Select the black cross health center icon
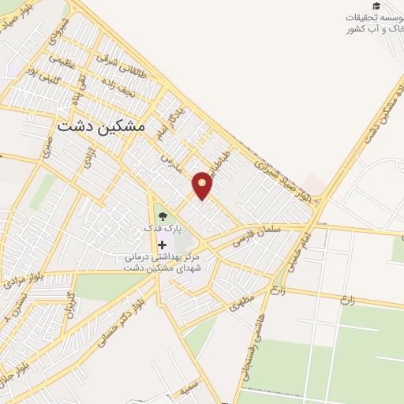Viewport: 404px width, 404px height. [163, 245]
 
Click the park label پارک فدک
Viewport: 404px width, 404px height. [162, 228]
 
